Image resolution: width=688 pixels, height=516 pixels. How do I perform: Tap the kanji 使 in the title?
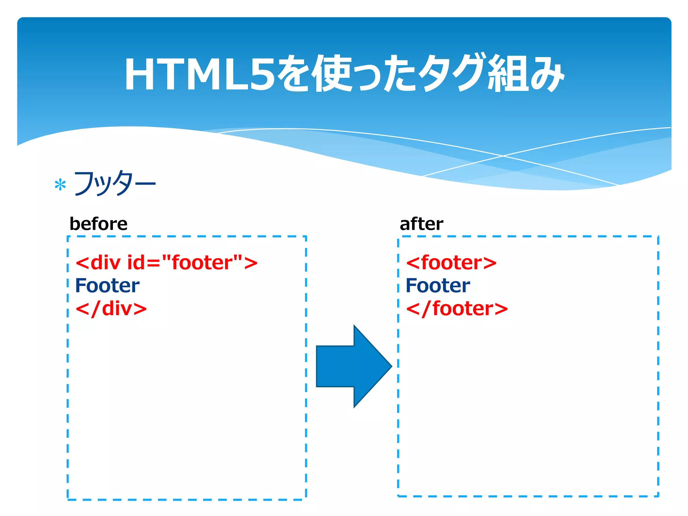pos(333,74)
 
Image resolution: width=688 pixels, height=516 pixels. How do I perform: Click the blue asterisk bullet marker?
pos(60,185)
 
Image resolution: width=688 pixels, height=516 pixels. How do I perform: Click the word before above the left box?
pos(98,224)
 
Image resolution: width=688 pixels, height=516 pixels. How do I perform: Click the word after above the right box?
pos(421,224)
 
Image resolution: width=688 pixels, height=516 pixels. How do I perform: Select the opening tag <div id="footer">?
pos(166,262)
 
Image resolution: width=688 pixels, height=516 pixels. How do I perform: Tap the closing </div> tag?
pos(111,308)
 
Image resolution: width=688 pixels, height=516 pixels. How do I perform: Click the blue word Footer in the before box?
pos(107,286)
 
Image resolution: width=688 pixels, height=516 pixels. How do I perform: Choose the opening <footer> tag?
pos(451,262)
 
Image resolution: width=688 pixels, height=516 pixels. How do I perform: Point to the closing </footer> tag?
pos(457,308)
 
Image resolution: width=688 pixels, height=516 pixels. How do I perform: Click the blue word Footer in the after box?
pos(438,286)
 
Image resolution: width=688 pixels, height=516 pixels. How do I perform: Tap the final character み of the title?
pos(546,74)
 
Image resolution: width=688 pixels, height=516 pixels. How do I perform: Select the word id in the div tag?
pos(136,262)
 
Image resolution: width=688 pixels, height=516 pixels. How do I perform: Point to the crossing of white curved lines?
pos(503,156)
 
